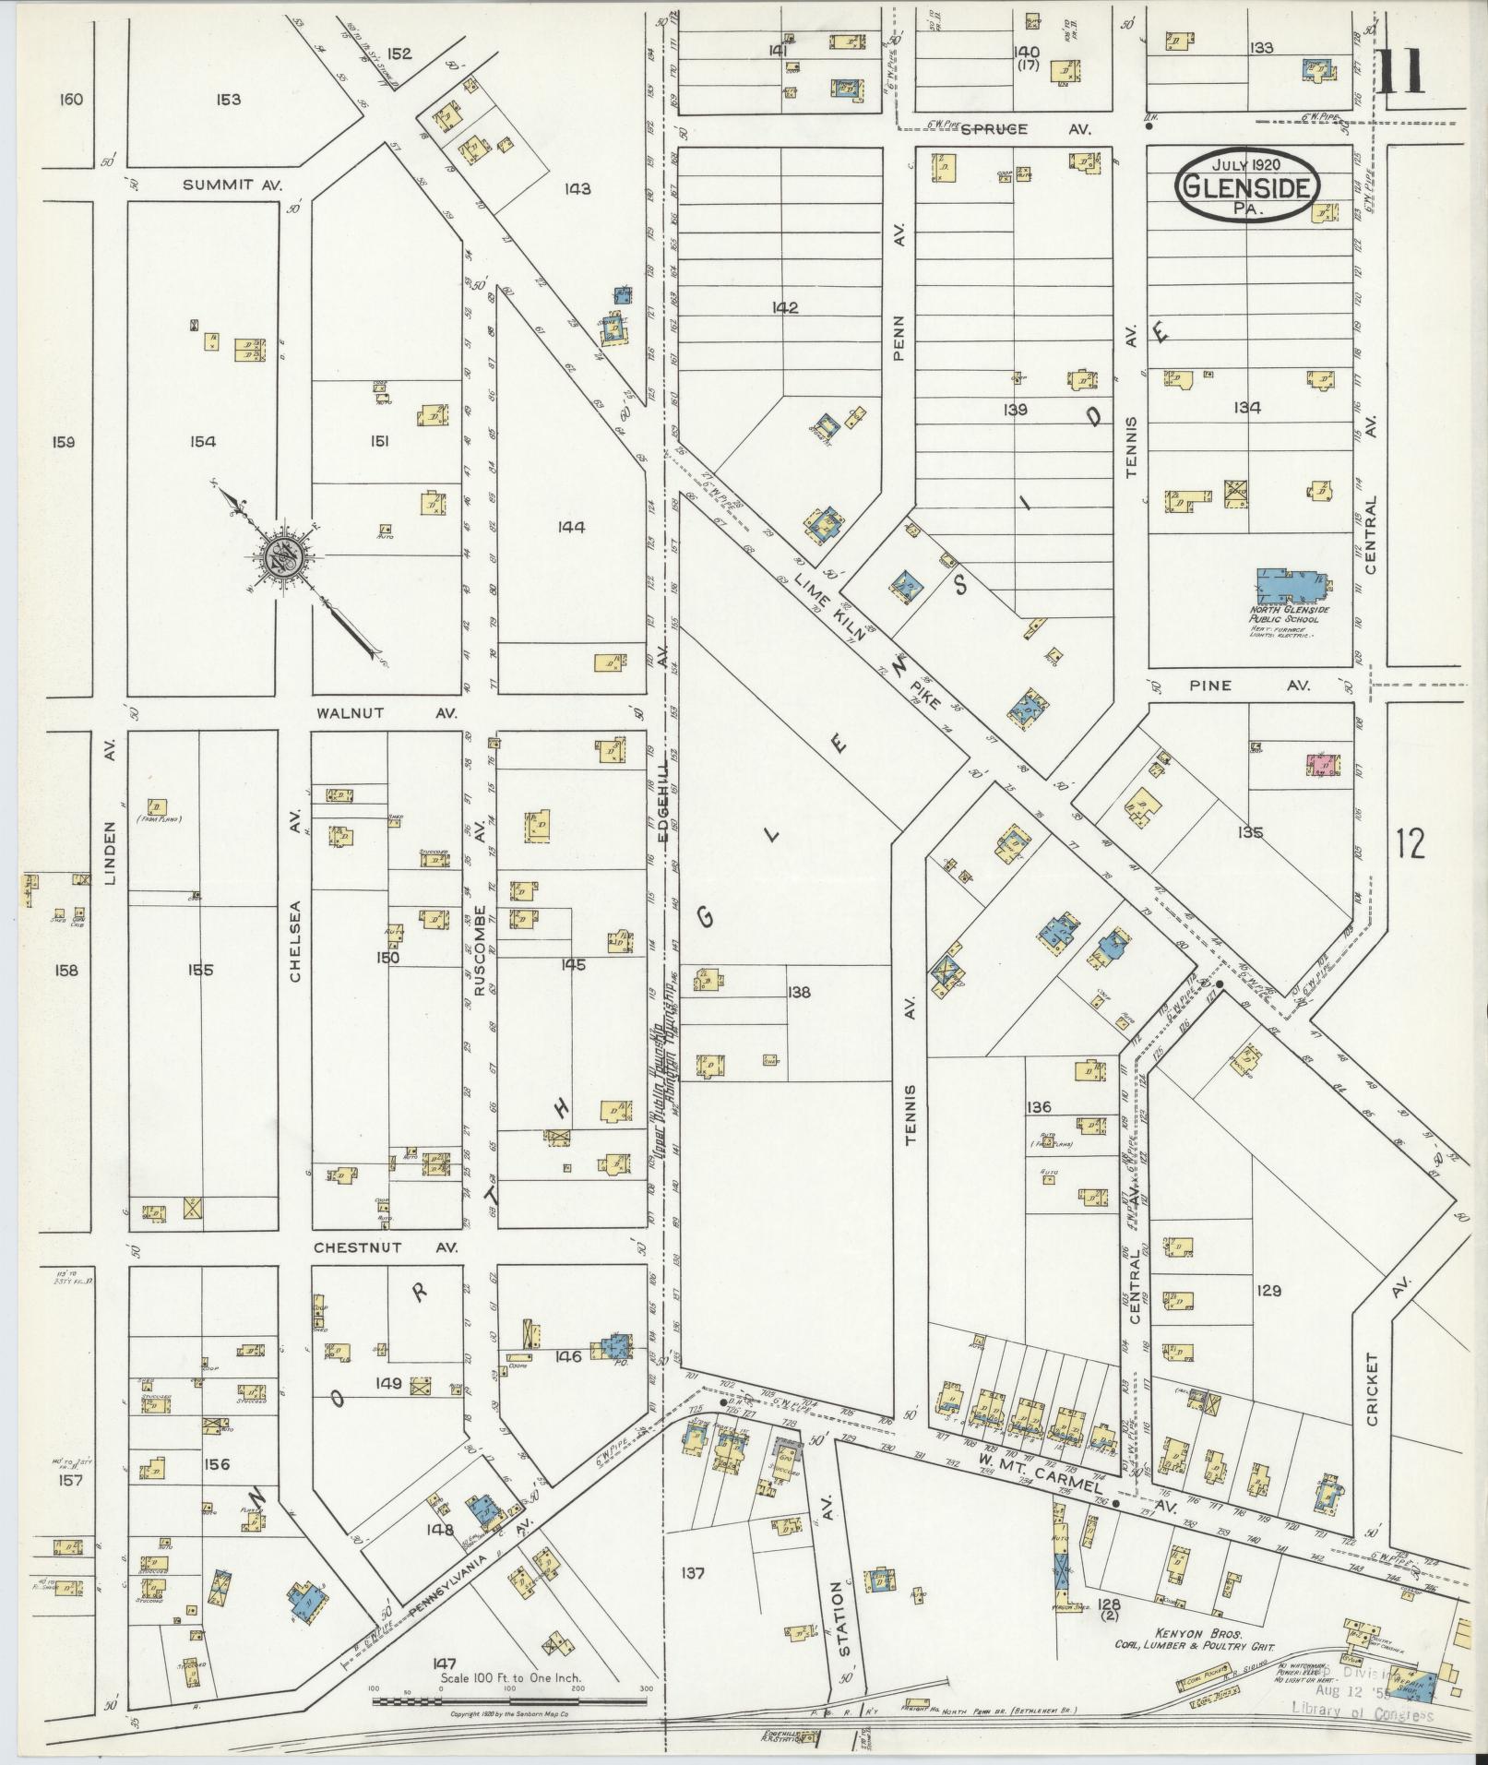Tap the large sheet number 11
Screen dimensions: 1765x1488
coord(1402,70)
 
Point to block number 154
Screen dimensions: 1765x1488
coord(202,442)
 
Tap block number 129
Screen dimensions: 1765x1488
coord(1268,1291)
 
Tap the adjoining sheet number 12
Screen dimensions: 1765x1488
coord(1411,842)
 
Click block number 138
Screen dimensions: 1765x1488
coord(798,993)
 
